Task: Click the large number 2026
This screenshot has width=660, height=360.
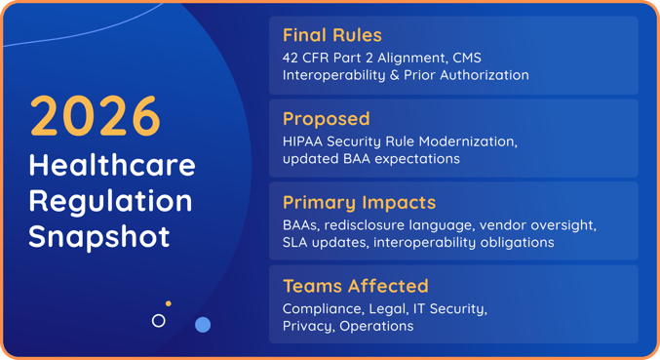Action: click(x=96, y=115)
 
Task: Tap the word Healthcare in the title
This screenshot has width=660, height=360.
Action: click(x=112, y=165)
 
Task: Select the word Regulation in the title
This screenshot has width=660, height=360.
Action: click(x=110, y=201)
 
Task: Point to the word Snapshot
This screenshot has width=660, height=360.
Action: click(x=98, y=236)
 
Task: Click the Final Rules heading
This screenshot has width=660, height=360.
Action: click(x=330, y=35)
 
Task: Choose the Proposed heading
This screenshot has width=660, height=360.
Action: click(x=326, y=119)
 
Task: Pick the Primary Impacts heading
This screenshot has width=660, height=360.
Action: click(x=359, y=203)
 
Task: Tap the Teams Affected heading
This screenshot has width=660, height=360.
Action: click(x=355, y=286)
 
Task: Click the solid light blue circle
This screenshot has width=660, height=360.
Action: click(x=203, y=324)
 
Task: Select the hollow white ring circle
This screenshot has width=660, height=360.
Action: click(x=159, y=320)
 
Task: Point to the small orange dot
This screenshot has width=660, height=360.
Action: click(x=169, y=303)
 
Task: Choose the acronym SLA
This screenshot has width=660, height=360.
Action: click(x=296, y=242)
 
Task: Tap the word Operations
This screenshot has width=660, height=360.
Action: click(x=376, y=326)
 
